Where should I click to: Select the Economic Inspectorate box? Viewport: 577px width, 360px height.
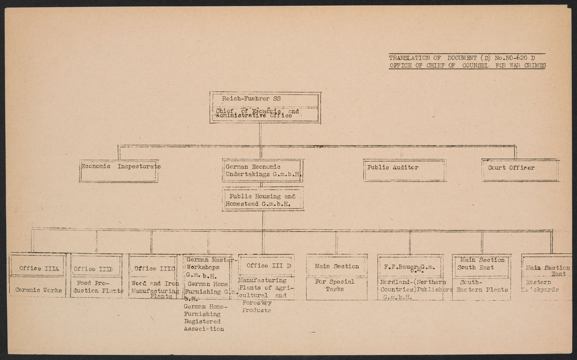click(119, 171)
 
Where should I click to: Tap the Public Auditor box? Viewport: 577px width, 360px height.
click(405, 170)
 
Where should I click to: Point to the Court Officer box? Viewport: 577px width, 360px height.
click(521, 170)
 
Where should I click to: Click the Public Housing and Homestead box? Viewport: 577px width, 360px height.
click(262, 199)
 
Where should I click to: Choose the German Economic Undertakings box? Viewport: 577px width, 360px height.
click(262, 170)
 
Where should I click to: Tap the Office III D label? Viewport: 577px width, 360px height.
click(265, 265)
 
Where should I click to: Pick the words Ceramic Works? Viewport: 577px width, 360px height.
click(38, 290)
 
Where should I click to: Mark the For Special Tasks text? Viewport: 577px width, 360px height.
click(337, 285)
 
